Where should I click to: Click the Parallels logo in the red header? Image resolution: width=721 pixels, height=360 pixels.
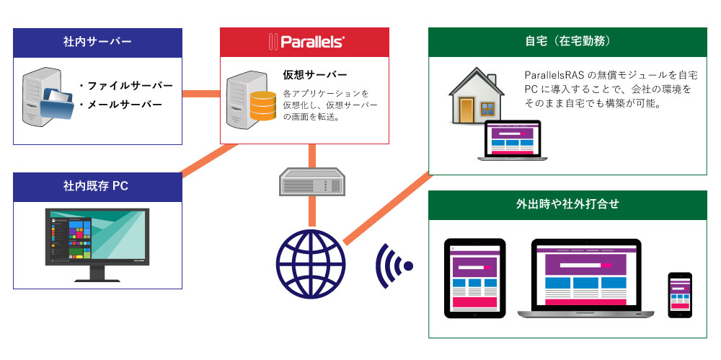pyautogui.click(x=305, y=42)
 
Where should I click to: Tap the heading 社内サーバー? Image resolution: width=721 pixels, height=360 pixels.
pyautogui.click(x=97, y=43)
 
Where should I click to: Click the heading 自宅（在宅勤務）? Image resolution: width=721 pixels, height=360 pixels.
pyautogui.click(x=567, y=42)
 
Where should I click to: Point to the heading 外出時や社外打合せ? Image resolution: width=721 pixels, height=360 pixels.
pyautogui.click(x=567, y=204)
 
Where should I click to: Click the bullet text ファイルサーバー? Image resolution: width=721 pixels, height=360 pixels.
pyautogui.click(x=125, y=86)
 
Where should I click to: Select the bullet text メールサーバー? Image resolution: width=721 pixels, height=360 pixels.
pyautogui.click(x=120, y=105)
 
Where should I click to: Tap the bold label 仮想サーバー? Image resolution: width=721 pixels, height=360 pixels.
pyautogui.click(x=315, y=75)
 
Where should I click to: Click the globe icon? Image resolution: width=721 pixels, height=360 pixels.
pyautogui.click(x=311, y=265)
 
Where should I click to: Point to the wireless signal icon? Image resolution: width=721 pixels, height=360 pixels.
pyautogui.click(x=393, y=266)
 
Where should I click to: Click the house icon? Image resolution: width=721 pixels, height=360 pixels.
pyautogui.click(x=477, y=96)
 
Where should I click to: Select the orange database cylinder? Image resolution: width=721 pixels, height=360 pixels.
pyautogui.click(x=263, y=106)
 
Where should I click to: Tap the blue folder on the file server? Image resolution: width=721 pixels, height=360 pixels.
pyautogui.click(x=56, y=104)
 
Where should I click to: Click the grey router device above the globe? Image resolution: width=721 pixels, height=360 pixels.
pyautogui.click(x=311, y=182)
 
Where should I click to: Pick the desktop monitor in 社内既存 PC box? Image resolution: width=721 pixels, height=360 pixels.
pyautogui.click(x=97, y=245)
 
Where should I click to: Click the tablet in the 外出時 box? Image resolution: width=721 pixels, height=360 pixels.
pyautogui.click(x=474, y=278)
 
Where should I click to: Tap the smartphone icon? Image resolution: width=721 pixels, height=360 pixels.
pyautogui.click(x=680, y=295)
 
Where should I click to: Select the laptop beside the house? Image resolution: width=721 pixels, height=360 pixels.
pyautogui.click(x=512, y=141)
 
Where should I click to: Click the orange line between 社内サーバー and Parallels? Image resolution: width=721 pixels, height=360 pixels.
pyautogui.click(x=201, y=94)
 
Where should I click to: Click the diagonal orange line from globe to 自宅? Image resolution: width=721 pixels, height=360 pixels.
pyautogui.click(x=386, y=208)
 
